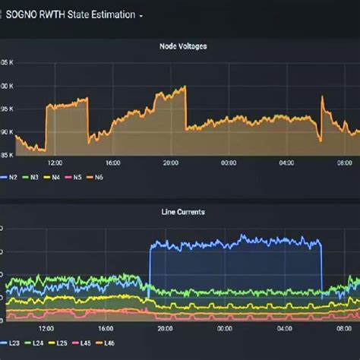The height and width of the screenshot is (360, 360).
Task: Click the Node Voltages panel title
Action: pos(183,46)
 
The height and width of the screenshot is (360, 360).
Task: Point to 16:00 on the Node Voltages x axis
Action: pos(113,163)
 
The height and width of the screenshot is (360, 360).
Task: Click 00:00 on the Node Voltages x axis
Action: pos(229,163)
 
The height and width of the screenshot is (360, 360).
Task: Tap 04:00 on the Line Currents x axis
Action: pos(286,329)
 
